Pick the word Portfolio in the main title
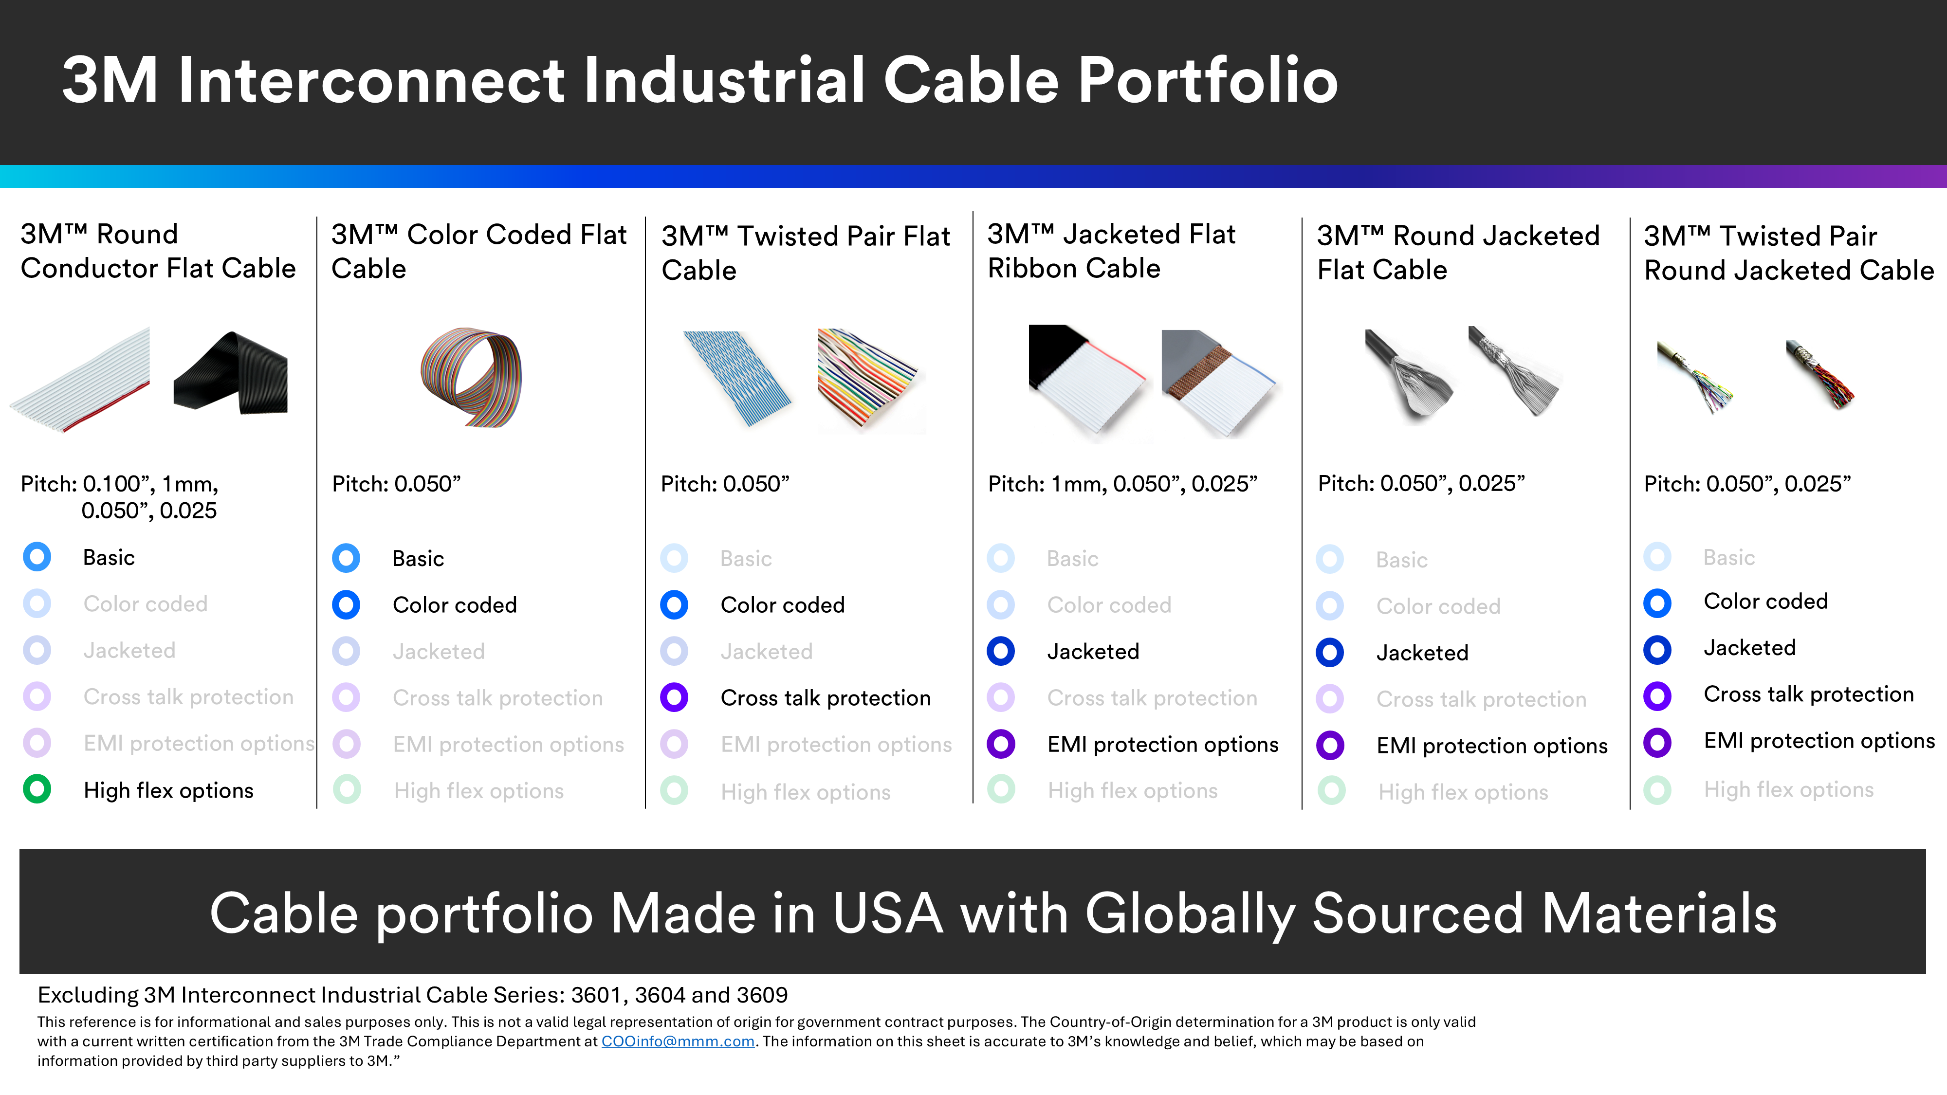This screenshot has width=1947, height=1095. coord(1207,80)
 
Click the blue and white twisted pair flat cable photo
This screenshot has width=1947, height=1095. coord(737,378)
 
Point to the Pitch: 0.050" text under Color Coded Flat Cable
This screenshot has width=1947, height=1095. coord(396,484)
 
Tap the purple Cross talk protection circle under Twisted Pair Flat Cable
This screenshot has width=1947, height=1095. coord(674,697)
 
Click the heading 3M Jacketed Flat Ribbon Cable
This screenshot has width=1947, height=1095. coord(1111,251)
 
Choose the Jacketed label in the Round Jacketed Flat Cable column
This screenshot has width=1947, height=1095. coord(1422,653)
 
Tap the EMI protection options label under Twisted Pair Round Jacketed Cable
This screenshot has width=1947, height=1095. coord(1818,741)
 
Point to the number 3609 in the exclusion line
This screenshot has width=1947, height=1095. coord(762,995)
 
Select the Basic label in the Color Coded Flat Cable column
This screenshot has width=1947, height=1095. coord(418,559)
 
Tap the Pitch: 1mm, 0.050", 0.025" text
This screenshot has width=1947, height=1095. coord(1122,484)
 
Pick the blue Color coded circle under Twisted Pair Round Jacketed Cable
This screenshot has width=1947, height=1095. coord(1657,602)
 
